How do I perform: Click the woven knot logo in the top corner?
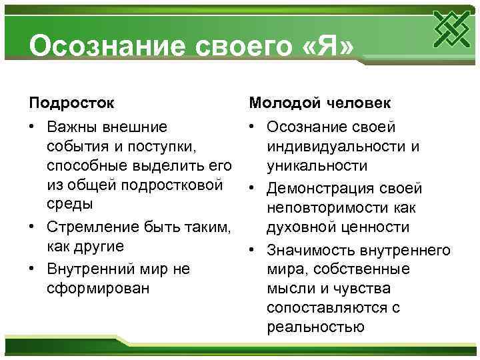pos(449,31)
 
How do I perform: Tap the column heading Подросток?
pos(71,103)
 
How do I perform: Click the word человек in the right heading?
pos(360,103)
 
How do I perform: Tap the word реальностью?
pos(315,327)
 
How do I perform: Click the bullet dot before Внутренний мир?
pos(33,269)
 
